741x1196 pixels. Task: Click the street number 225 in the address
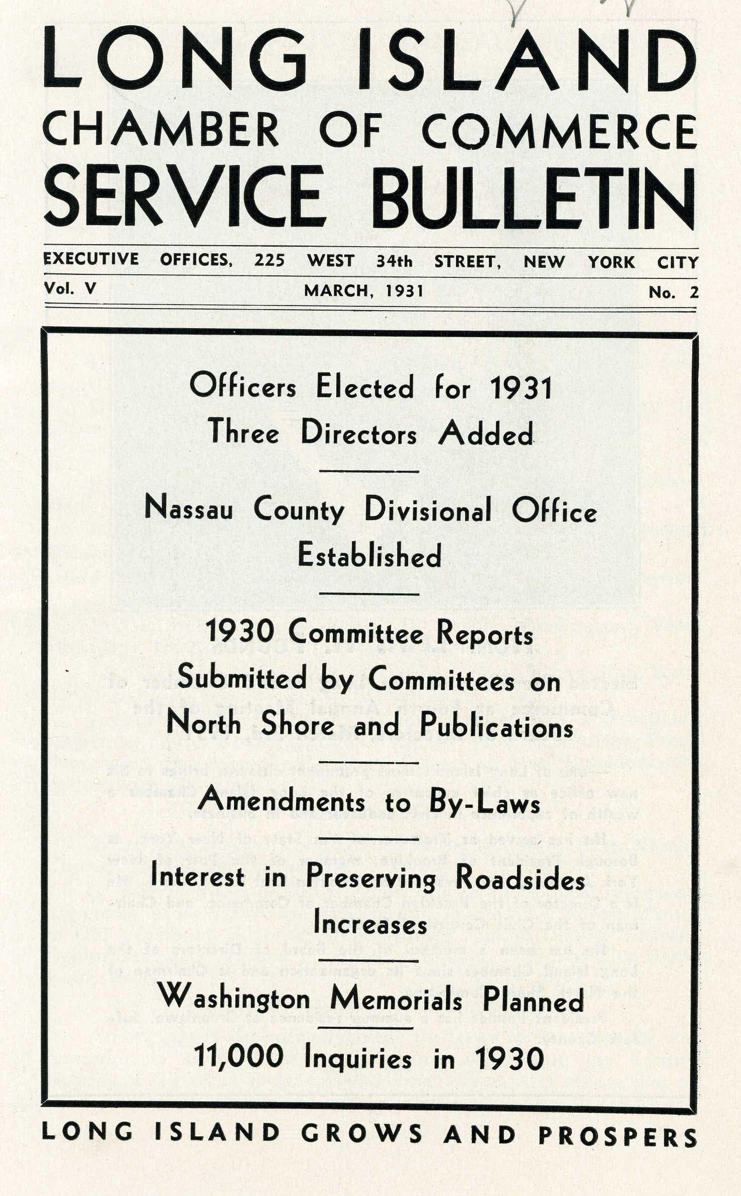coord(269,260)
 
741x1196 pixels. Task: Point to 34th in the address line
coord(394,262)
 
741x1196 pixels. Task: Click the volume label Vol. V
coord(70,288)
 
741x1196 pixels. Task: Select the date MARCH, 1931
coord(363,290)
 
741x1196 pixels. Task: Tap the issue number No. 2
coord(673,292)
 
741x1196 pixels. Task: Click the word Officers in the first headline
coord(243,387)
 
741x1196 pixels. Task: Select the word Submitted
coord(242,678)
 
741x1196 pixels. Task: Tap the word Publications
coord(496,726)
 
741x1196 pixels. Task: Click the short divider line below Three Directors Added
coord(369,472)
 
